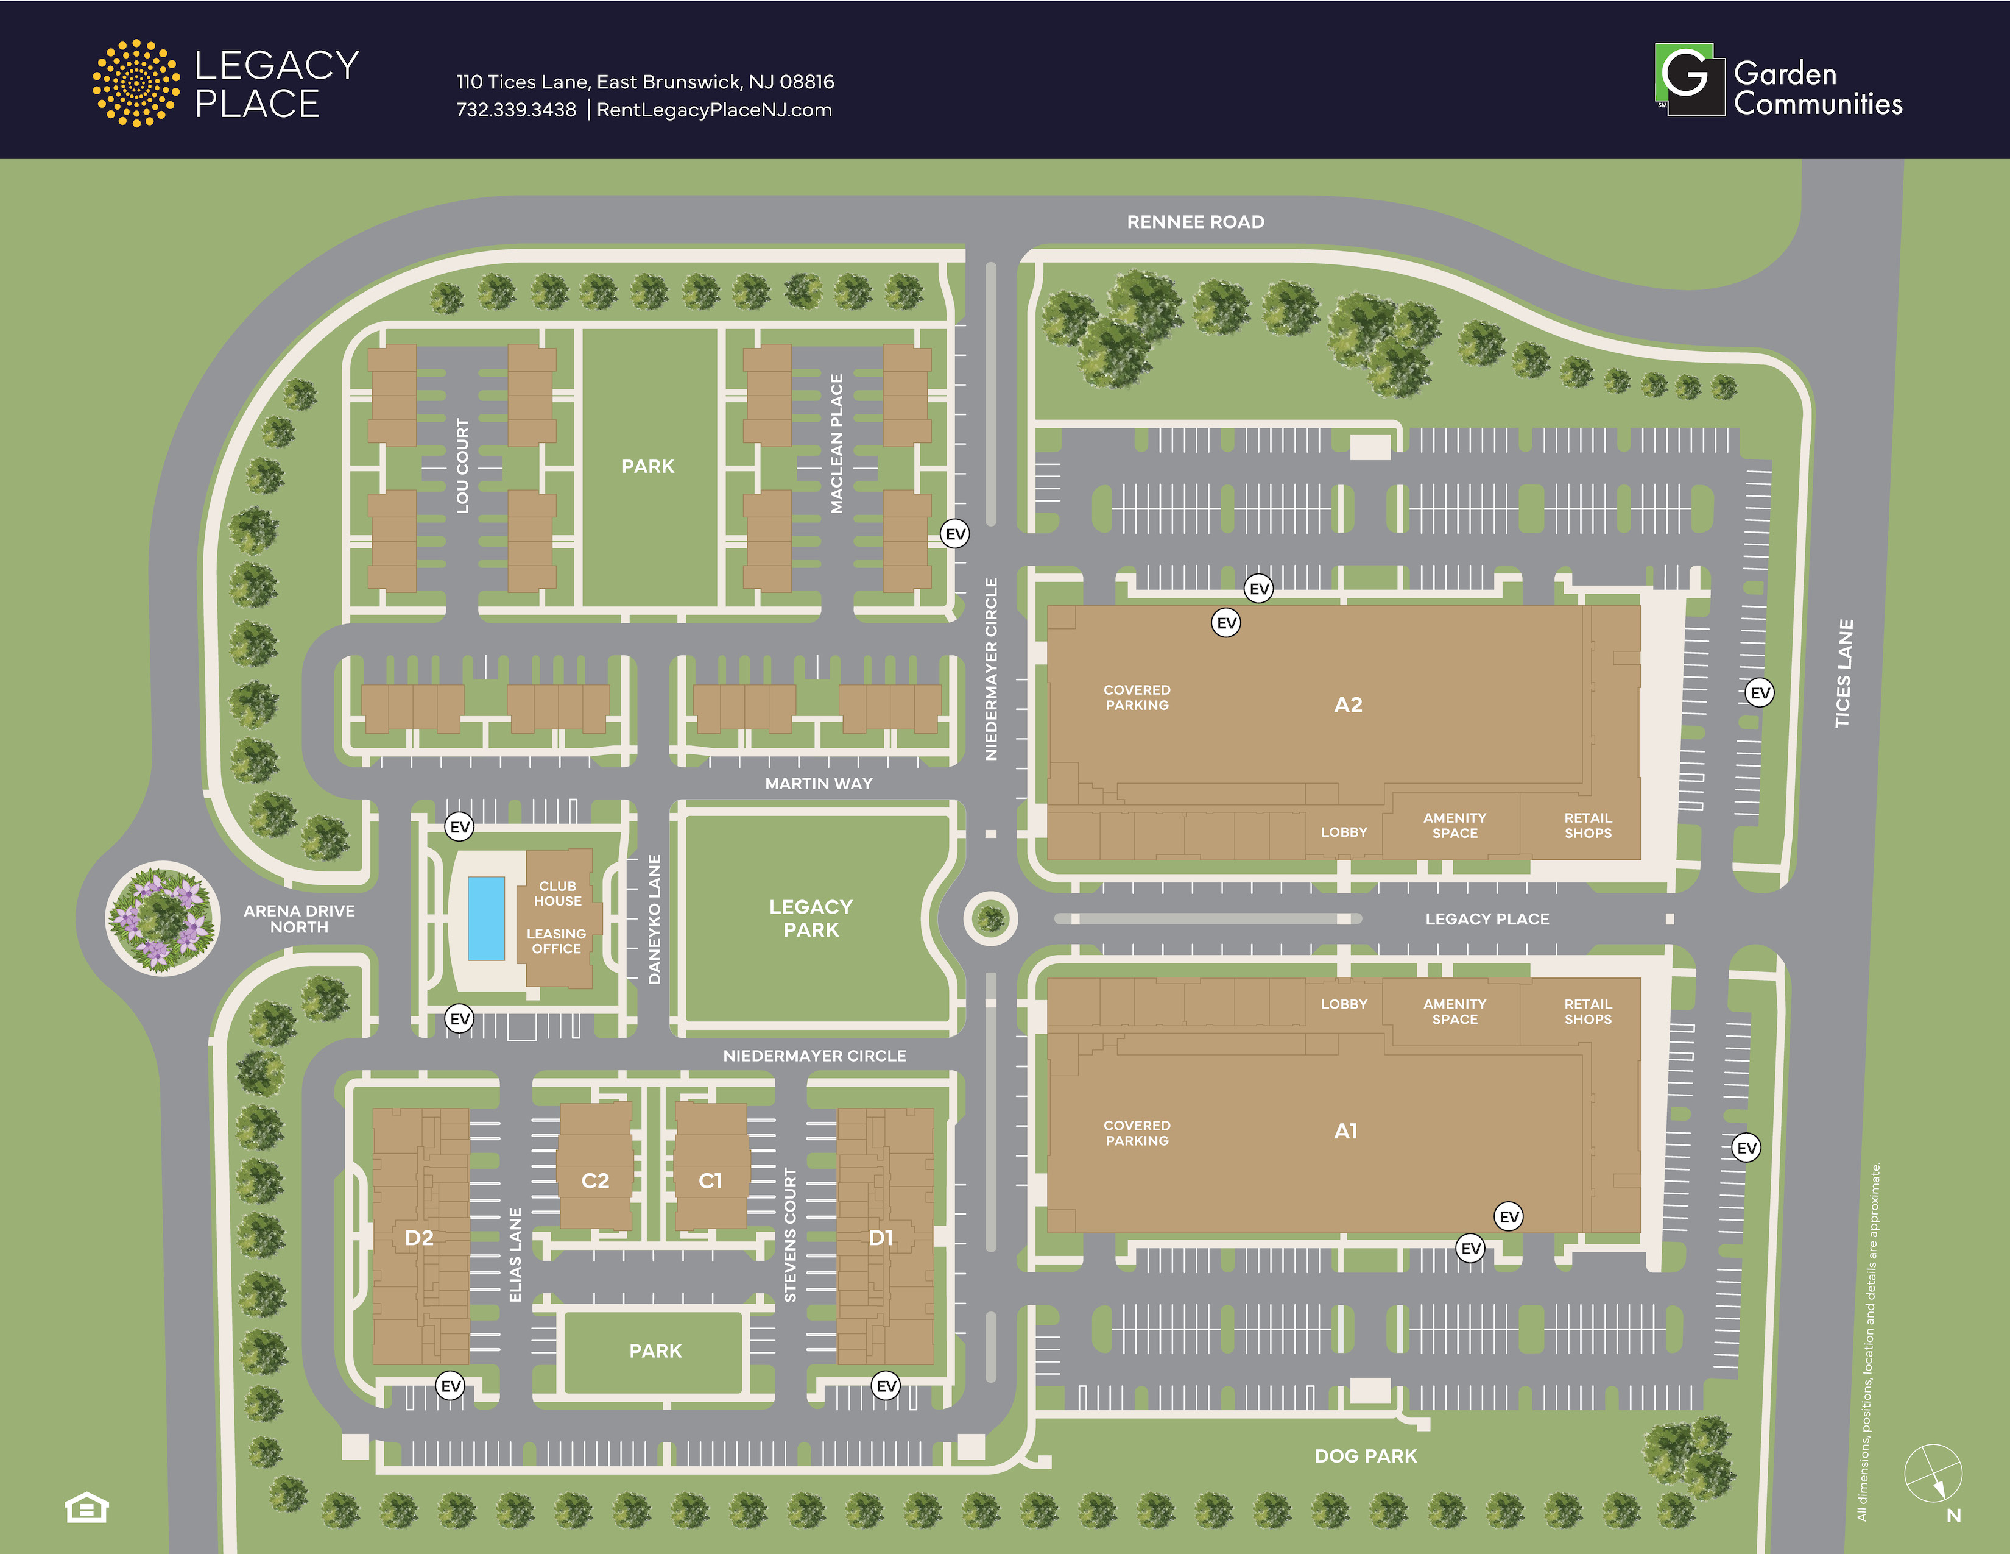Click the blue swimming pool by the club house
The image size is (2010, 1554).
tap(486, 918)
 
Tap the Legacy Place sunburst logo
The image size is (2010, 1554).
tap(136, 83)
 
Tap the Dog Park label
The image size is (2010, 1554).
tap(1365, 1455)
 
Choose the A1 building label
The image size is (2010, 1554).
tap(1345, 1132)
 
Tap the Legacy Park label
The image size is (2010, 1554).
tap(811, 918)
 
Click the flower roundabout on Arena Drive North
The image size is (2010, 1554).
tap(162, 918)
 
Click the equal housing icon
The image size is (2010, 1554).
tap(86, 1507)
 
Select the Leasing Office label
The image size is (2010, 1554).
tap(556, 941)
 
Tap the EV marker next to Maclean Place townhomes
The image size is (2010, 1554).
tap(955, 534)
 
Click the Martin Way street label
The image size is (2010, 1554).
tap(818, 784)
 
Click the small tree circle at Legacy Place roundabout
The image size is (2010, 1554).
tap(990, 918)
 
